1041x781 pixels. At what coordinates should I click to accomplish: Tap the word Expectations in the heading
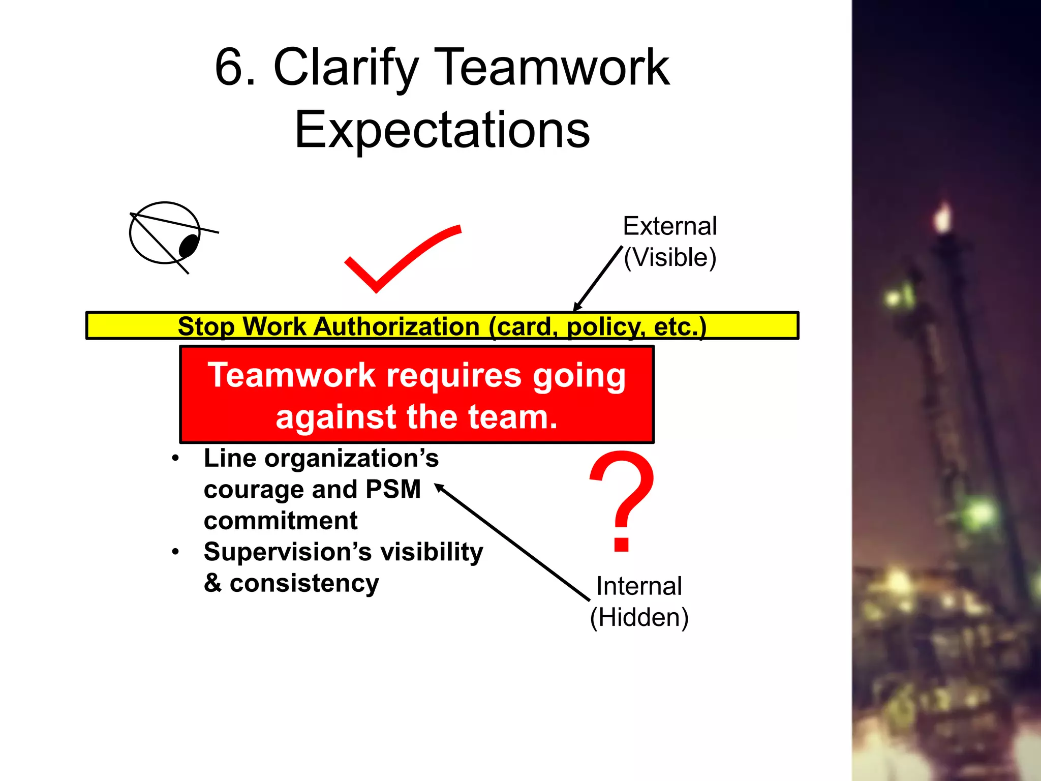tap(442, 130)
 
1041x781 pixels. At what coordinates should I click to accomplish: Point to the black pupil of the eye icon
tap(189, 245)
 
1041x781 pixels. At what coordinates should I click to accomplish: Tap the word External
tap(669, 226)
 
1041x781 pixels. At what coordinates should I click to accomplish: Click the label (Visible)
tap(669, 257)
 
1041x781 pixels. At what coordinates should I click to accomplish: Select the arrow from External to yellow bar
tap(598, 278)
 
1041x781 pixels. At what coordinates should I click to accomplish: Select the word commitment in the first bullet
tap(281, 521)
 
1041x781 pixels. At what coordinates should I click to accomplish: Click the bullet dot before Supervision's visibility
tap(175, 552)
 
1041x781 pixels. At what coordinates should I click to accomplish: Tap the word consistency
tap(304, 583)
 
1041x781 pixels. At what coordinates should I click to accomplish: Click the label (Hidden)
tap(639, 617)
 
